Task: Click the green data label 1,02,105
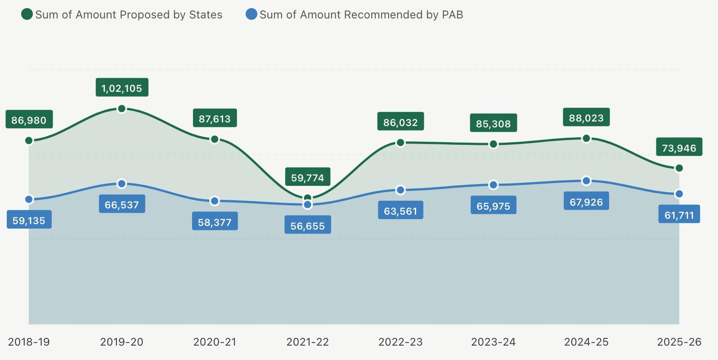122,88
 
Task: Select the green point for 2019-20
121,108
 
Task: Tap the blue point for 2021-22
308,204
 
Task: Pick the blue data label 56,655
308,225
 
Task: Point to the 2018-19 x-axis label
29,342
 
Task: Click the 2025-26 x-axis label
679,342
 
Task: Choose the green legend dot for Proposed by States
27,14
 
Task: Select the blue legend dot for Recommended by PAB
251,14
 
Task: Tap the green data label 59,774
308,177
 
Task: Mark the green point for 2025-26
679,168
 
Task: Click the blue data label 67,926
586,202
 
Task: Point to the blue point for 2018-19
29,199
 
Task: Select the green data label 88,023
586,117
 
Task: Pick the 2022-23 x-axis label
400,342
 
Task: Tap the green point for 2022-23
400,143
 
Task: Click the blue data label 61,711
679,215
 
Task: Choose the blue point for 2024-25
586,180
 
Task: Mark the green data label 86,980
29,120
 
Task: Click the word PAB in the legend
452,15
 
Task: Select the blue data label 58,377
215,222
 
